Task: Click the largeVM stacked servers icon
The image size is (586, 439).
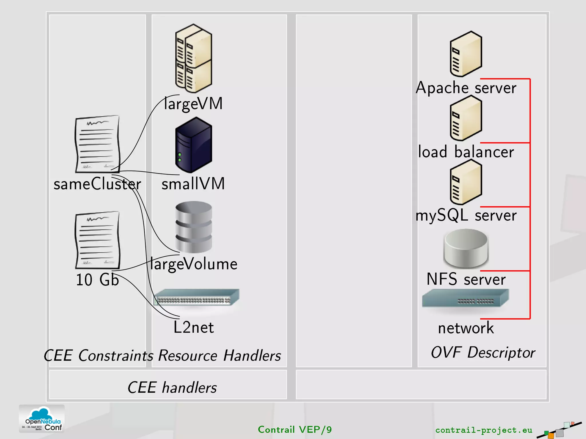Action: tap(194, 59)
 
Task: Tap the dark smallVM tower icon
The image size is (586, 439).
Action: tap(194, 145)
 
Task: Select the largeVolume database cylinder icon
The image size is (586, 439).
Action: tap(194, 227)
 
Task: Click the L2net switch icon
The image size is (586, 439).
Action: tap(197, 297)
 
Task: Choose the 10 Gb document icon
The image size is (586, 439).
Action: tap(97, 240)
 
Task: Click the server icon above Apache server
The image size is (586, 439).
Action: tap(466, 54)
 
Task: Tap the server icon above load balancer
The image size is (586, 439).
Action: tap(466, 118)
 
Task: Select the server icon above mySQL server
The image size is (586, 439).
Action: tap(466, 182)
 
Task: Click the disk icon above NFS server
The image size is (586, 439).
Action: tap(466, 249)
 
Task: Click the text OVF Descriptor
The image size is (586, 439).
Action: tap(483, 352)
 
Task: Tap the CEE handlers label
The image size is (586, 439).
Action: tap(172, 388)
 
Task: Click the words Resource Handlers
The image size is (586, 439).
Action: tap(219, 356)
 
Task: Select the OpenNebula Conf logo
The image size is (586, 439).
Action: tap(42, 419)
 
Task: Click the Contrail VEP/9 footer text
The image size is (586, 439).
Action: tap(295, 430)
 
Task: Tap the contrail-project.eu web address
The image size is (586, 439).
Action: tap(484, 430)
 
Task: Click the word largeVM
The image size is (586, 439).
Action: tap(193, 104)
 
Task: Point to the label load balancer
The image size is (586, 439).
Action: tap(466, 152)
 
